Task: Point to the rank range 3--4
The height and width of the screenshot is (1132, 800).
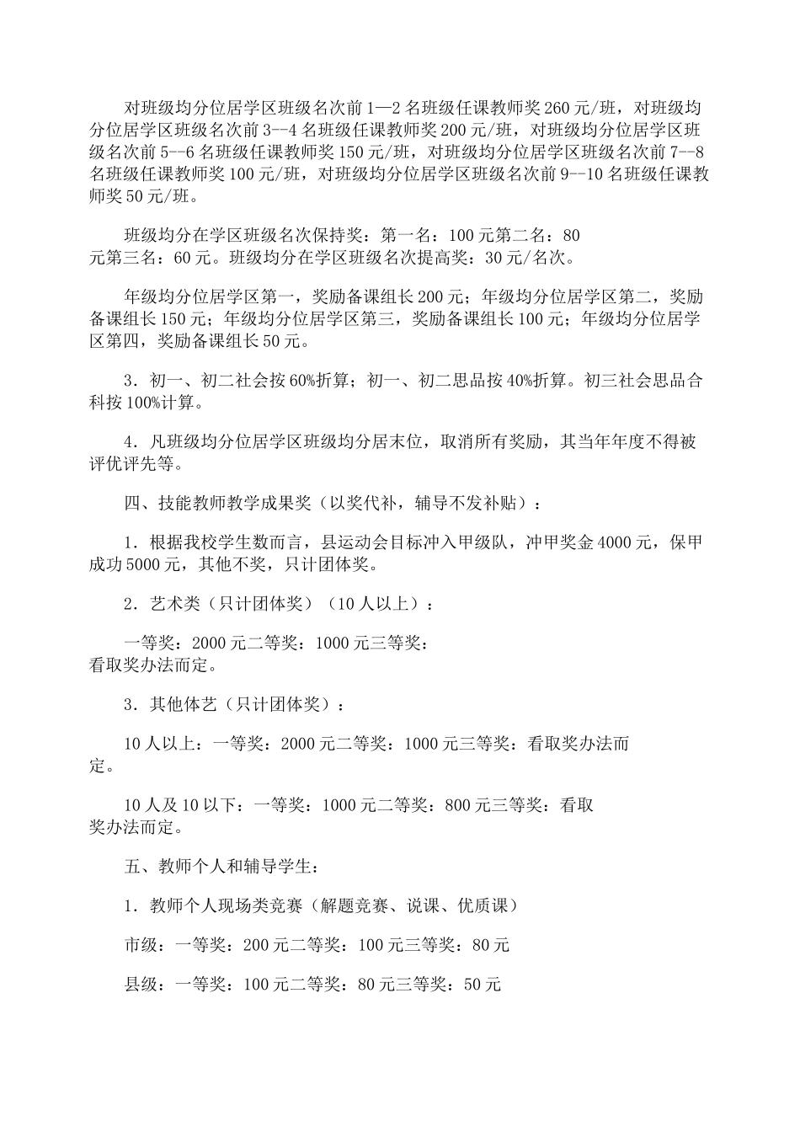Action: tap(277, 131)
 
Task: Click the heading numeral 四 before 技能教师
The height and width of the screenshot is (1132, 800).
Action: tap(132, 503)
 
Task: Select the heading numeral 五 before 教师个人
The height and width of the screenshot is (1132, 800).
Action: tap(132, 866)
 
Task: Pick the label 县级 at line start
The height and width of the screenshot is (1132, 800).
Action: tap(141, 983)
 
